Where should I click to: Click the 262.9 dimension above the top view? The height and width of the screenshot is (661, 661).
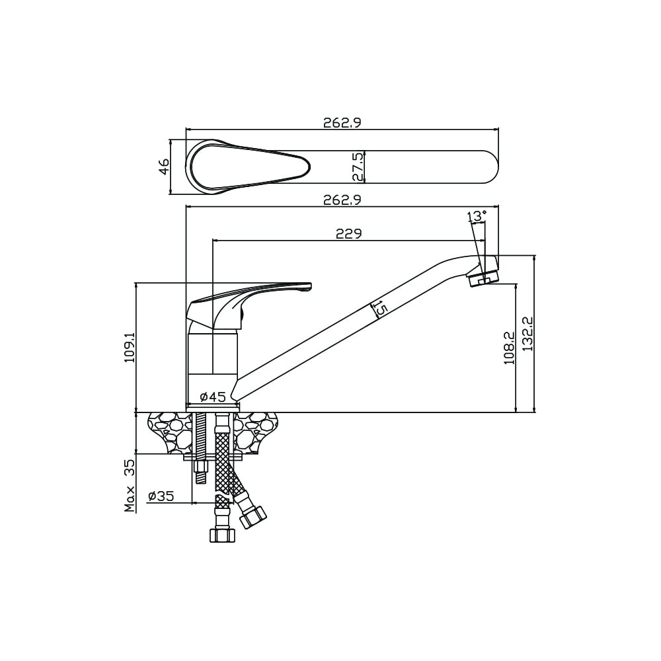[x=342, y=123]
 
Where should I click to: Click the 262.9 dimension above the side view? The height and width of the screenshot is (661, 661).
[x=342, y=200]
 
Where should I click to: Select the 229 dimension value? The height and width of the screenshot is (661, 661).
[x=348, y=233]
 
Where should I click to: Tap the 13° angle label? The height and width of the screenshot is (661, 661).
[x=477, y=216]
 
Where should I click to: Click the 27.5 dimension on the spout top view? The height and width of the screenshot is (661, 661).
[x=358, y=167]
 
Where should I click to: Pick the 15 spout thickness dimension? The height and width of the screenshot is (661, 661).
[x=379, y=308]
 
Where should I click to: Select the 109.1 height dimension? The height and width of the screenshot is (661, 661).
[x=129, y=347]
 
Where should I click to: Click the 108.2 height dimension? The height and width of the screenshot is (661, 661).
[x=509, y=348]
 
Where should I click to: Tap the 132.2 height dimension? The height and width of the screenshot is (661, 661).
[x=527, y=334]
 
